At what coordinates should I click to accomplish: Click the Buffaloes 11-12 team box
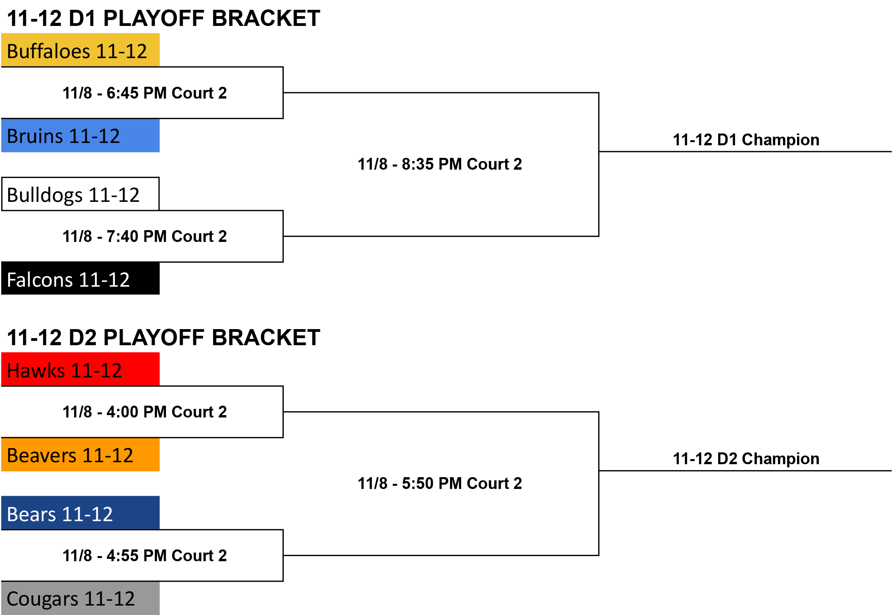[x=80, y=50]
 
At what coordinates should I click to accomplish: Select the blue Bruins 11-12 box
[x=80, y=135]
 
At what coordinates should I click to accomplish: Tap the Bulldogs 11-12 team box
[x=80, y=194]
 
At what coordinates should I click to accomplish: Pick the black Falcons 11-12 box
[x=80, y=278]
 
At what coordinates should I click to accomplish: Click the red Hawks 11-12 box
[x=80, y=369]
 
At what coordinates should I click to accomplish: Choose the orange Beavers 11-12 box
[x=80, y=455]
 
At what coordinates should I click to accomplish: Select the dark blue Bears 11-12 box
[x=80, y=513]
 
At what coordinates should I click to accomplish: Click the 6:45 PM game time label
[x=145, y=93]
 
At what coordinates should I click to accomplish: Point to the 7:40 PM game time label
[x=145, y=236]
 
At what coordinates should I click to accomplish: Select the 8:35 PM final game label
[x=440, y=164]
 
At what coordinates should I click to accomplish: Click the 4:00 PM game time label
[x=145, y=412]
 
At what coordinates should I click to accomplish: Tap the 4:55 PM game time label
[x=145, y=556]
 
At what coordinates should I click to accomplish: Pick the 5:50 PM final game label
[x=440, y=483]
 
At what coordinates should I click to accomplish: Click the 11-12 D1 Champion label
[x=746, y=140]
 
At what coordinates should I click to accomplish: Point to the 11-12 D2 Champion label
[x=746, y=459]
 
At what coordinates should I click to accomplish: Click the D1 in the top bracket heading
[x=83, y=18]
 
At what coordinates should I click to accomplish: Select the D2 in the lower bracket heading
[x=83, y=337]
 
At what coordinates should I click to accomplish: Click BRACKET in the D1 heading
[x=266, y=18]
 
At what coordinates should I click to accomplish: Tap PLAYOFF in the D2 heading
[x=154, y=337]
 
